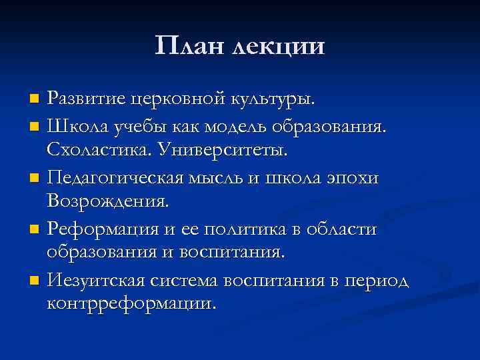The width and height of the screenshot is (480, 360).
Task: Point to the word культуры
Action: point(273,100)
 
